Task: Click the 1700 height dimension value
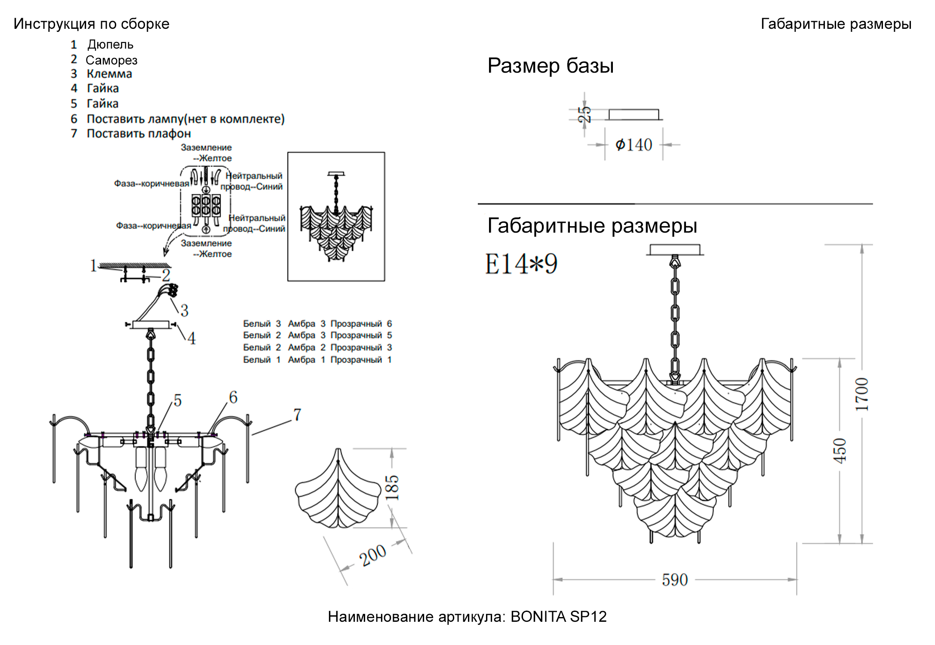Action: (861, 394)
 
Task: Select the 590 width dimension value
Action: (674, 580)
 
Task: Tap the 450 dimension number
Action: (840, 450)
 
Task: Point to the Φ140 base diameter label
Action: (634, 145)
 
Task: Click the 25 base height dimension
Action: (584, 114)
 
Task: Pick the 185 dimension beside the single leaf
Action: (392, 487)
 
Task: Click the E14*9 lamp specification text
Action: (521, 264)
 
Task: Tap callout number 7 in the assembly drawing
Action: (297, 415)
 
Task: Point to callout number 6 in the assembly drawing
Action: (233, 397)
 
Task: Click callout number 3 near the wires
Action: (185, 310)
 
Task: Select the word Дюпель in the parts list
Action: (111, 45)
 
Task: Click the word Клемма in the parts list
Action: (109, 74)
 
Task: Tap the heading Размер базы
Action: (550, 66)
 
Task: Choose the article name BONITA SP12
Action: (558, 617)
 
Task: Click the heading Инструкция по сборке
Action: (91, 24)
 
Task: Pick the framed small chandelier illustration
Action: (336, 216)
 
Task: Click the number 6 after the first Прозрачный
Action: (389, 323)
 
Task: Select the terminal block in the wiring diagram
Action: (206, 205)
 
